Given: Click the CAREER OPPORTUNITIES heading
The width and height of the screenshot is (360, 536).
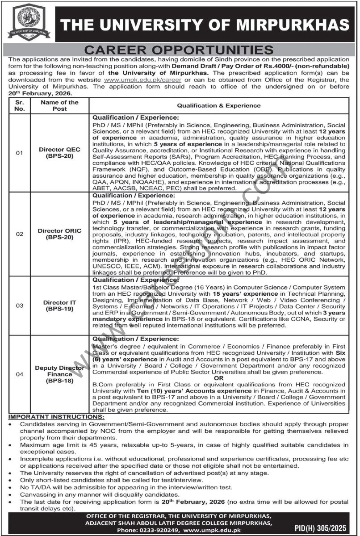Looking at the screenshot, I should tap(180, 49).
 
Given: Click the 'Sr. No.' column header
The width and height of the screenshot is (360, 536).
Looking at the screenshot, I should tap(19, 105).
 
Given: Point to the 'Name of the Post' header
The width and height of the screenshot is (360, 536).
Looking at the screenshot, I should tap(60, 105).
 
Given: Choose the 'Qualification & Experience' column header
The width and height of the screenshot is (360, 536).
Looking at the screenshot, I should tap(218, 105).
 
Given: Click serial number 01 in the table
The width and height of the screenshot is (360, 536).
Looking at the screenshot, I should tap(19, 154).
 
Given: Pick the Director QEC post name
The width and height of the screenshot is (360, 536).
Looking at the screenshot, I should tap(60, 154).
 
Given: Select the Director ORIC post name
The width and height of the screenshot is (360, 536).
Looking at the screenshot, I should tap(60, 234).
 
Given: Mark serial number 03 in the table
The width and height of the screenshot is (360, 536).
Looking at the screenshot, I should tap(19, 306).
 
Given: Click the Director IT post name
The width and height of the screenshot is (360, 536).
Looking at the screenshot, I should tap(60, 306).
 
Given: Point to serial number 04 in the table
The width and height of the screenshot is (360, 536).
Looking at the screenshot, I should tap(19, 374).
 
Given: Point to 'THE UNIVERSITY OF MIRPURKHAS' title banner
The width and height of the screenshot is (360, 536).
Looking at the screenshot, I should tap(204, 23).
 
